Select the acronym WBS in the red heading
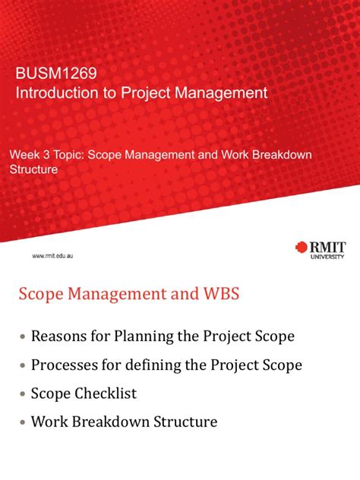[218, 294]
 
